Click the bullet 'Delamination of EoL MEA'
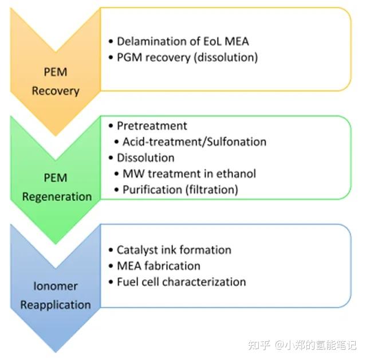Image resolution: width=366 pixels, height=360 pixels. tap(183, 41)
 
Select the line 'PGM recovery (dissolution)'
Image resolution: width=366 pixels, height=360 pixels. tap(187, 57)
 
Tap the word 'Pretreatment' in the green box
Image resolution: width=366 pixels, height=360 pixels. tap(152, 126)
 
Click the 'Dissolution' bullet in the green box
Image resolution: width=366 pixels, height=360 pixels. tap(145, 157)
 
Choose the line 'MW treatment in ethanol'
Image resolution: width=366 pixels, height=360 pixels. tap(190, 173)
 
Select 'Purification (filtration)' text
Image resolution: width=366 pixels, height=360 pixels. tap(180, 189)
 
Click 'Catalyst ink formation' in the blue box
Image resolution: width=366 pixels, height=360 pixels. tap(174, 250)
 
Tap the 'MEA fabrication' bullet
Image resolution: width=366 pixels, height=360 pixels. tap(158, 266)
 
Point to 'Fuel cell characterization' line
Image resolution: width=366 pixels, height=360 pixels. tap(181, 281)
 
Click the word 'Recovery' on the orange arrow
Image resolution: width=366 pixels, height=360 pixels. tap(56, 91)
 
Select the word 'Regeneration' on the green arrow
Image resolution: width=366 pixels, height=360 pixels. tap(57, 197)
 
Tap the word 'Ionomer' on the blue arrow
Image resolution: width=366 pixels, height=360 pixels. tap(56, 286)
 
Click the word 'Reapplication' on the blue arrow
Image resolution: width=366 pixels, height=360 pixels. tap(56, 304)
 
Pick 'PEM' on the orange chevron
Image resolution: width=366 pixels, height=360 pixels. tap(56, 73)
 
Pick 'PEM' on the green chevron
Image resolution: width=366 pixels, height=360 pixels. tap(56, 179)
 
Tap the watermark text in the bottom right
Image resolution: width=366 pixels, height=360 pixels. tap(302, 345)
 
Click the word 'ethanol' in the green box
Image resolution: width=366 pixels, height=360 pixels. tap(237, 173)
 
